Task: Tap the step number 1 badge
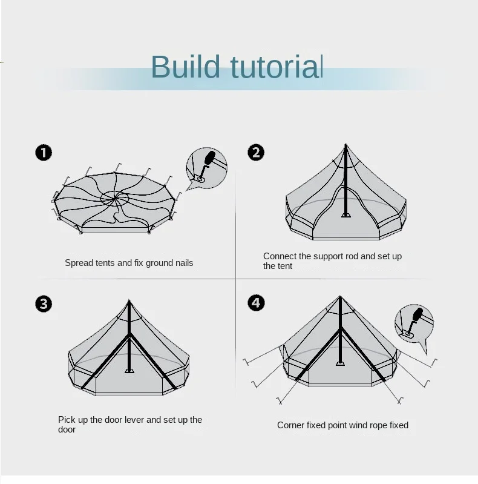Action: click(x=44, y=153)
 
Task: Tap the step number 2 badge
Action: click(x=256, y=153)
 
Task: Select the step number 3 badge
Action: click(x=44, y=303)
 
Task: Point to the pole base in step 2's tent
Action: click(x=346, y=214)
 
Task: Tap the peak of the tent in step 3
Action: click(x=129, y=301)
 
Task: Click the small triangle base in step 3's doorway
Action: click(x=129, y=370)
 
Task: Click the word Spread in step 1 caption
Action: click(x=79, y=263)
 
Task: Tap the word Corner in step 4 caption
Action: click(x=291, y=425)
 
